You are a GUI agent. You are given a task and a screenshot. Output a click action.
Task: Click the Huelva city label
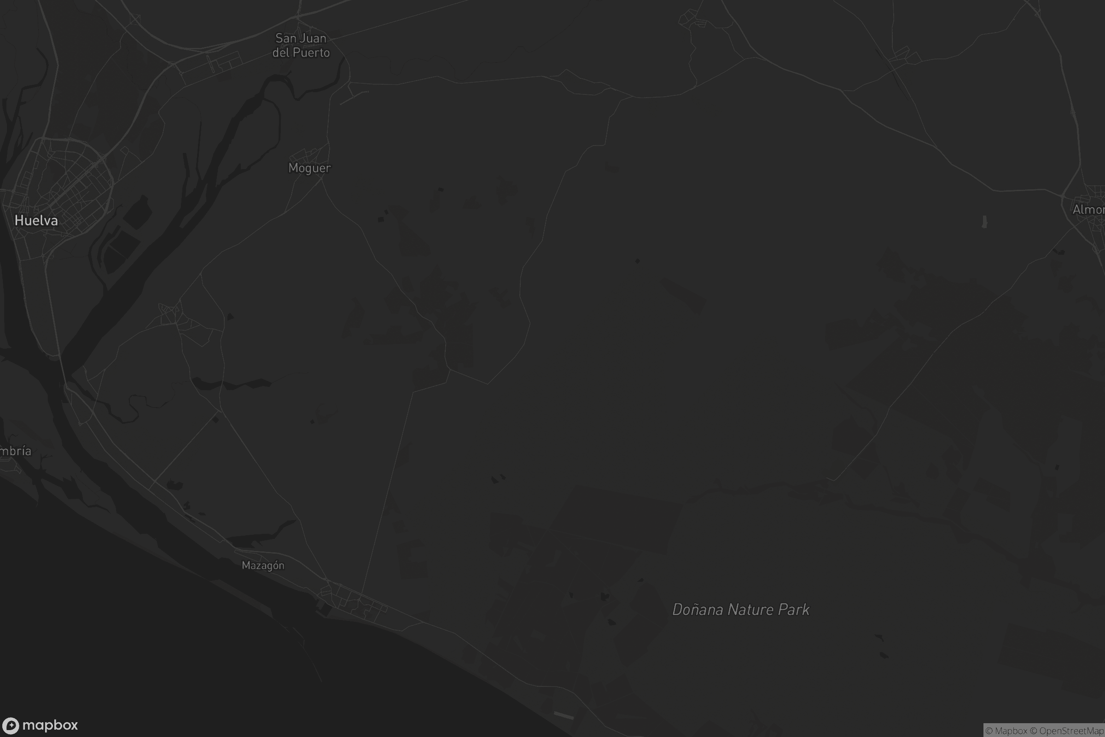click(x=36, y=221)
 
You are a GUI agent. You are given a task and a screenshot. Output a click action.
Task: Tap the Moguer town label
click(x=309, y=168)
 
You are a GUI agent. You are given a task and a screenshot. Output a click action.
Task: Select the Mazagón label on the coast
click(x=263, y=566)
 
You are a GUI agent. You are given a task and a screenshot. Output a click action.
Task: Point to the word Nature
click(x=751, y=609)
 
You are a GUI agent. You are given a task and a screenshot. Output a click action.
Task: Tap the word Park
click(x=794, y=609)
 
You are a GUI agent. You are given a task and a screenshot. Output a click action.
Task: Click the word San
click(x=285, y=38)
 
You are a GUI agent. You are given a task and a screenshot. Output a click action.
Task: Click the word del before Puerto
click(x=280, y=53)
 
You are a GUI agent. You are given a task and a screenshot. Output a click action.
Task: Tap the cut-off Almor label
click(x=1088, y=210)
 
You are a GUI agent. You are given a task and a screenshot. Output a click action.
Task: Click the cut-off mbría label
click(x=15, y=451)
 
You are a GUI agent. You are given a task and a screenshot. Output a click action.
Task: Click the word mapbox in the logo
click(x=50, y=725)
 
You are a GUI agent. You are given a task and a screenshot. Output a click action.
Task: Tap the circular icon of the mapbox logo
click(x=10, y=726)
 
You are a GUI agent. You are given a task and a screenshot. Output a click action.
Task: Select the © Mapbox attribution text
click(x=1006, y=731)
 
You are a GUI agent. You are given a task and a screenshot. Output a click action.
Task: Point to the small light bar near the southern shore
click(x=564, y=715)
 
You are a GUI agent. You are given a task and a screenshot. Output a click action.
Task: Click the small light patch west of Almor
click(x=984, y=222)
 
